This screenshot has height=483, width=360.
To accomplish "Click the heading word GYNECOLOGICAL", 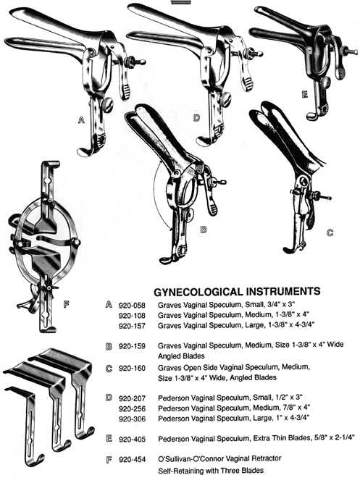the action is coord(198,291).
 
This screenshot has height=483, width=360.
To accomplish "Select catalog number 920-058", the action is coord(132,306).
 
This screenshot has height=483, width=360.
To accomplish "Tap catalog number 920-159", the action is coord(132,346).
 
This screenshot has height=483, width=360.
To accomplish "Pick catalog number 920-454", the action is coord(132,460).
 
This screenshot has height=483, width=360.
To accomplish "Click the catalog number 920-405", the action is coord(132,440).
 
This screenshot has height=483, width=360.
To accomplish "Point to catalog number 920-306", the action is coord(132,419).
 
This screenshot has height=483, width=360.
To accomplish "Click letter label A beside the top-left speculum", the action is coord(81,119).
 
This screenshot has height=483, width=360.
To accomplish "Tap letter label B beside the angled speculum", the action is coord(203,230).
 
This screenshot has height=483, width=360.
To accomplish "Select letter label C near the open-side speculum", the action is coord(330,232).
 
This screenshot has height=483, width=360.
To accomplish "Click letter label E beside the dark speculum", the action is coord(305,94).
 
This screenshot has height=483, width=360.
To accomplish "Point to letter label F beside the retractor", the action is coord(66,305).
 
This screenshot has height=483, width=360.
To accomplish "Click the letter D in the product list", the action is coord(109,398).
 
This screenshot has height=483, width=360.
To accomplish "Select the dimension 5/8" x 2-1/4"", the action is coord(335,437).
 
